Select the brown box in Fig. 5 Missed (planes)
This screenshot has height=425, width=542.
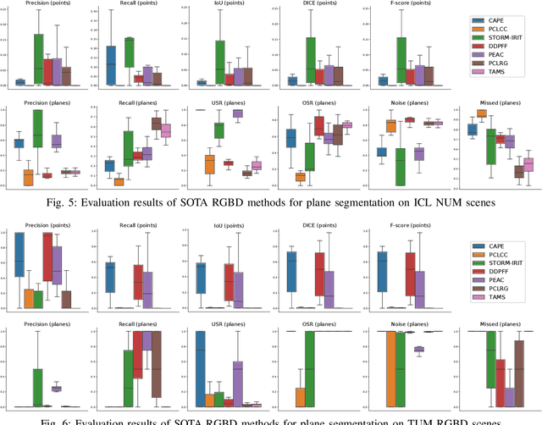(518, 170)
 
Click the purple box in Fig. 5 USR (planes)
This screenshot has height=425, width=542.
(238, 113)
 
